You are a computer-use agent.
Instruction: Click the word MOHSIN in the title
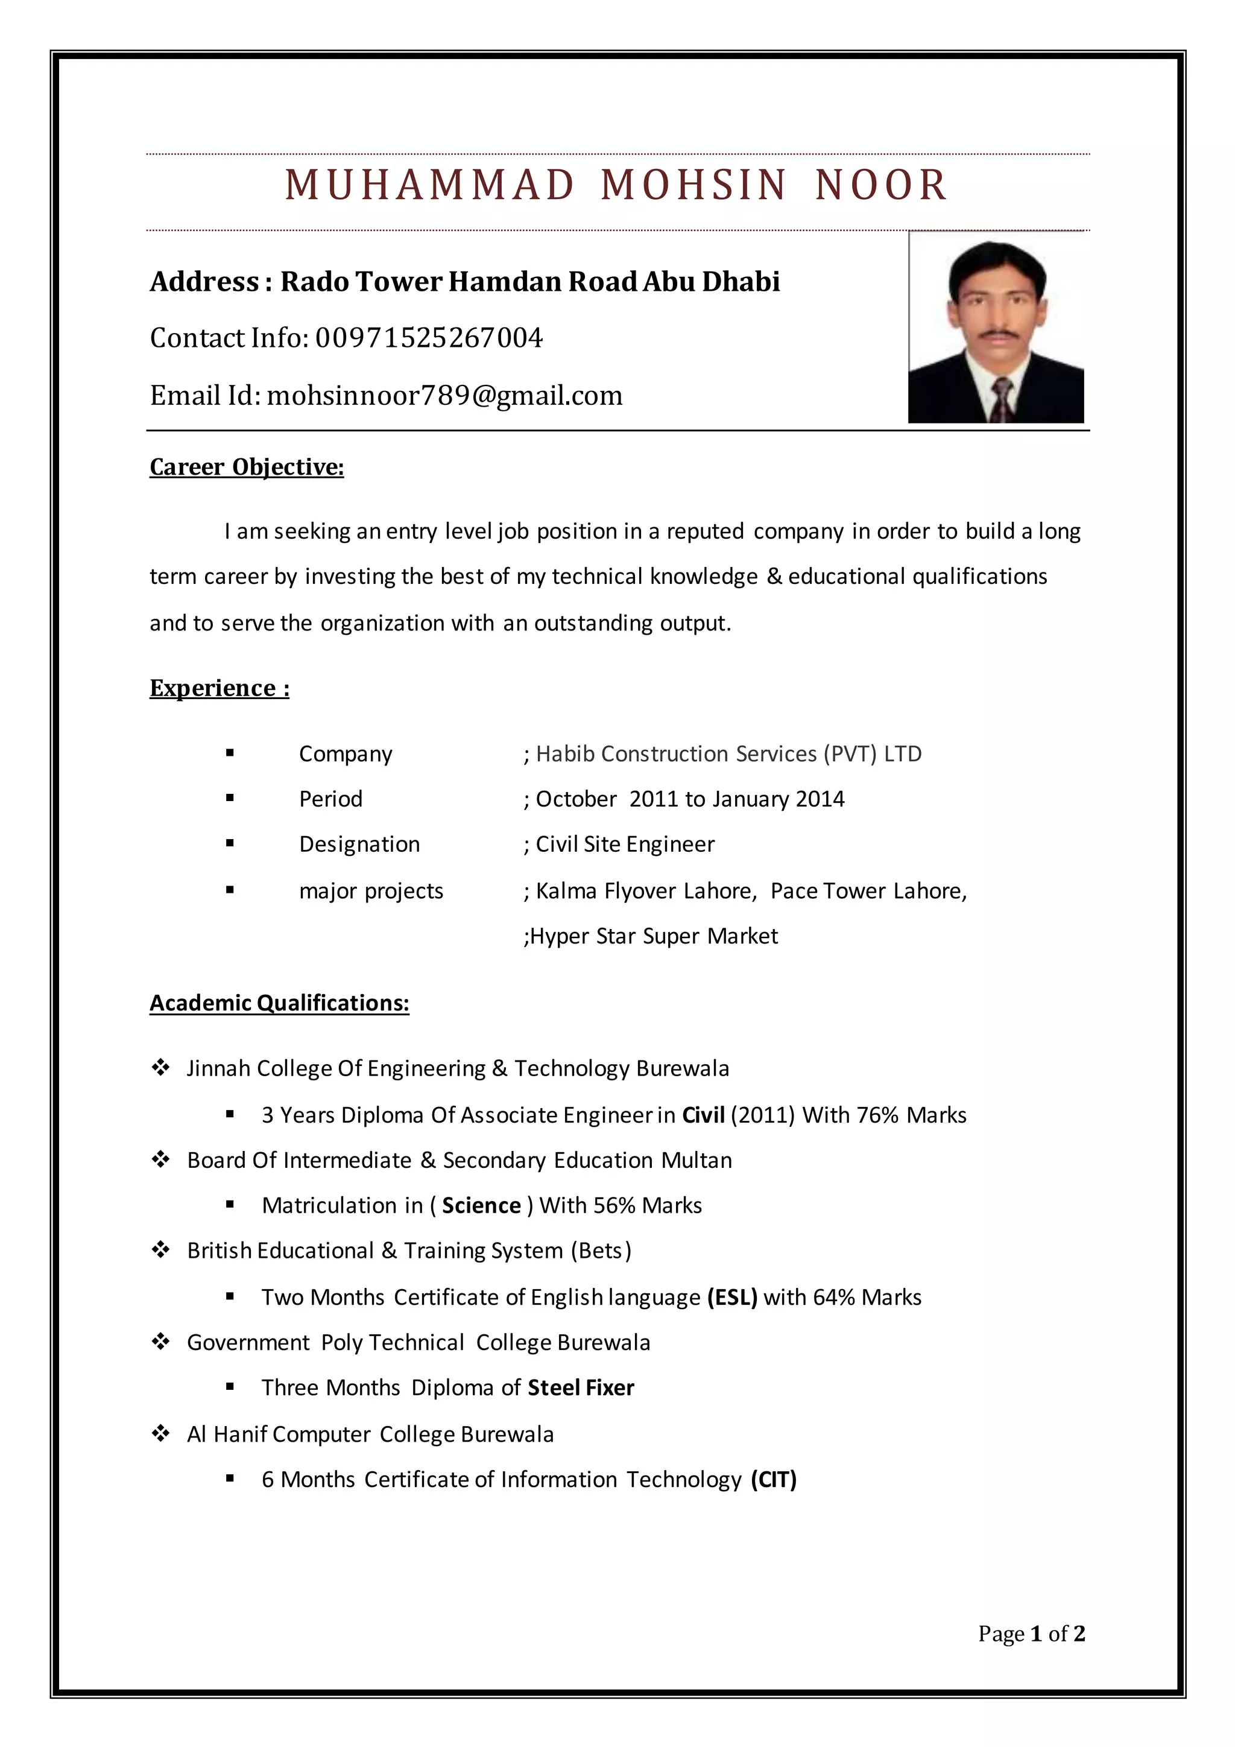tap(693, 185)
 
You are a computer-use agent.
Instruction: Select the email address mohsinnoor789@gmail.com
tap(445, 396)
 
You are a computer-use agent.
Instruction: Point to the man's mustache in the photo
tap(996, 334)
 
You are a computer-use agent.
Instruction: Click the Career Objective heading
tap(247, 466)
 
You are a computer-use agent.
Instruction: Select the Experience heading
tap(219, 688)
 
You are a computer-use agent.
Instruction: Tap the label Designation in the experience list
tap(359, 844)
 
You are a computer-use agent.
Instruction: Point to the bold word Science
tap(481, 1205)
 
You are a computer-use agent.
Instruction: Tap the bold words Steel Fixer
tap(580, 1388)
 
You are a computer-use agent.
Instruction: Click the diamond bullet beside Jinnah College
tap(160, 1068)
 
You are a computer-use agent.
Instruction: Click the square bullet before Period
tap(230, 798)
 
